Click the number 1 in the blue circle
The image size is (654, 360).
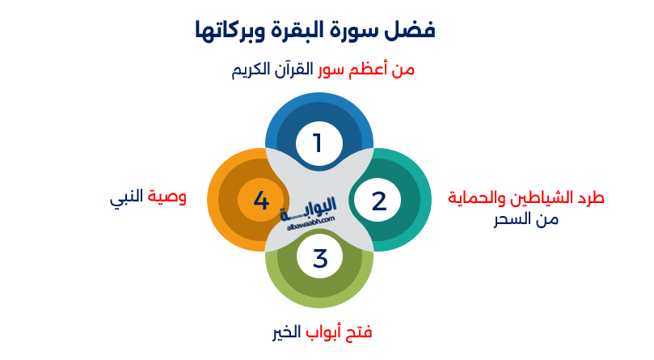click(319, 143)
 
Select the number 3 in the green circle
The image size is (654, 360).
click(320, 259)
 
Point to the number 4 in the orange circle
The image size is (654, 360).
click(260, 201)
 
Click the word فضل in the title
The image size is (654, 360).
click(412, 31)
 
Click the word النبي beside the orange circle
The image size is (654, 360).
click(127, 197)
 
